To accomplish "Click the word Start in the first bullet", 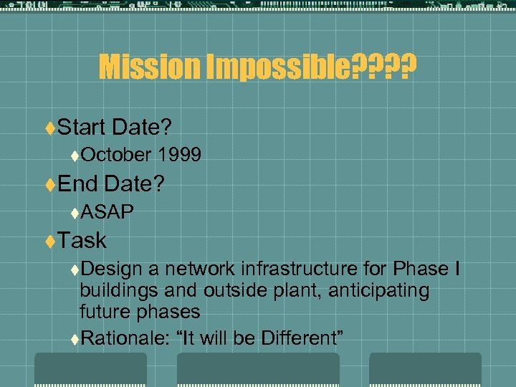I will pos(82,128).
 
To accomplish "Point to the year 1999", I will pos(181,154).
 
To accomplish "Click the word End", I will pos(77,184).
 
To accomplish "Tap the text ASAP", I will pos(107,211).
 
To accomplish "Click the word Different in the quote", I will pos(302,338).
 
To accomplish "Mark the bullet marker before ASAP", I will pos(75,212).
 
